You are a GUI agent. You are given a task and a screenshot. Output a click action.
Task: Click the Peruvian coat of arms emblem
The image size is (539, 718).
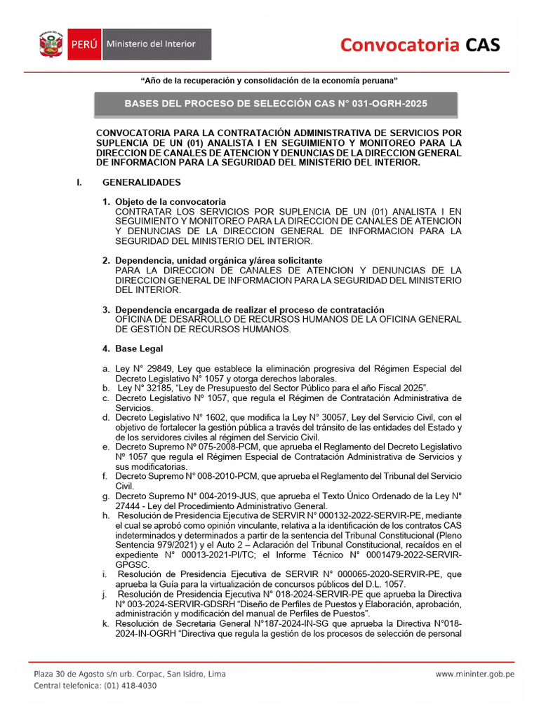[51, 45]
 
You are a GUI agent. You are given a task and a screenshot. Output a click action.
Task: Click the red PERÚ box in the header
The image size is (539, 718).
[84, 45]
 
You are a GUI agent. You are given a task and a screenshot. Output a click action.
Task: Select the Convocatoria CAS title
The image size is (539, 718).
[420, 46]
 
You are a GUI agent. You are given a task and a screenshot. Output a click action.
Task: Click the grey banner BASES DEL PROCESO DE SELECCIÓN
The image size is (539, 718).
[276, 103]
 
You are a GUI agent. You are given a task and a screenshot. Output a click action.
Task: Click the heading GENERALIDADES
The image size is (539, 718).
[142, 182]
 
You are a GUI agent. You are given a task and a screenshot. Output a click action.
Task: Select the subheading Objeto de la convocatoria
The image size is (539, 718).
[171, 202]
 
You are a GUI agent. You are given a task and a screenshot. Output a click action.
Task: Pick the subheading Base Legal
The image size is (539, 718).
[139, 348]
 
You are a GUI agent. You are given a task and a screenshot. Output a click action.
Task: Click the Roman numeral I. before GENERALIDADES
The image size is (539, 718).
[79, 182]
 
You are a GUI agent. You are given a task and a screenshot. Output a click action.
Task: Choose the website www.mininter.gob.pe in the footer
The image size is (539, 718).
[475, 675]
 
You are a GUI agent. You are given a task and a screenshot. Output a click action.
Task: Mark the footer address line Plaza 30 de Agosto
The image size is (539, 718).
[130, 675]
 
